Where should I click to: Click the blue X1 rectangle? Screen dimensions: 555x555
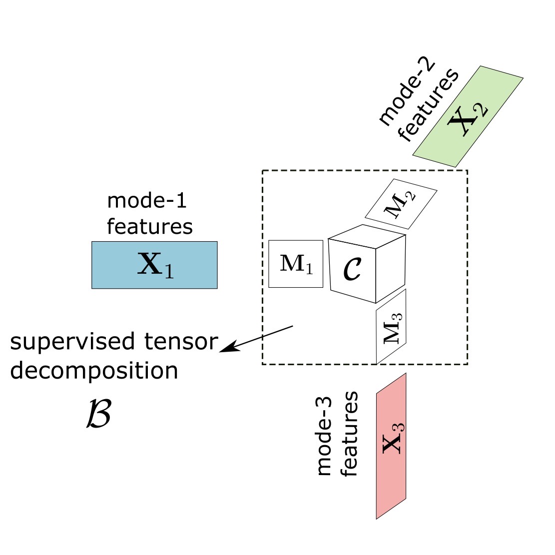(x=154, y=265)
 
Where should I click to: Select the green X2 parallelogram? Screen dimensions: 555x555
(x=468, y=117)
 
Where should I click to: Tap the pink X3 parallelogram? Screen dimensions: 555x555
(x=391, y=446)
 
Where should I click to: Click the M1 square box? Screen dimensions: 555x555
(x=296, y=264)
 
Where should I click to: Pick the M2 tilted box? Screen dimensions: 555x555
(x=401, y=204)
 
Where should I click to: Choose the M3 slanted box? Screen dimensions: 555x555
(x=391, y=327)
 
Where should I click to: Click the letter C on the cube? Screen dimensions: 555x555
(x=352, y=269)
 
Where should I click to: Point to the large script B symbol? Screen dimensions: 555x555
(x=98, y=414)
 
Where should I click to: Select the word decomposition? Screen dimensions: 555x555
(x=94, y=371)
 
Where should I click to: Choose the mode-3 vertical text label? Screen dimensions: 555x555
(x=325, y=434)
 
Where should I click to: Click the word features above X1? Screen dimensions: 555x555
(x=149, y=226)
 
